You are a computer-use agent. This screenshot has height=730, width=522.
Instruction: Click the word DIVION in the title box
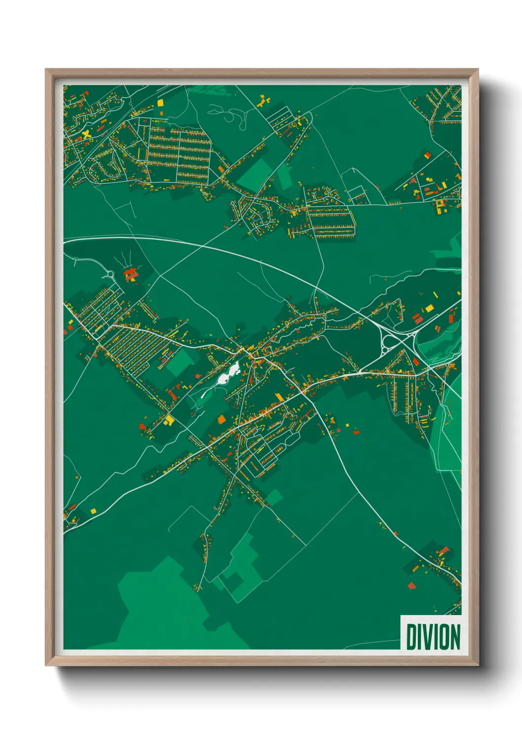tap(433, 637)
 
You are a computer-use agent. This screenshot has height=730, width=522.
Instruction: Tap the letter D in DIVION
tap(410, 637)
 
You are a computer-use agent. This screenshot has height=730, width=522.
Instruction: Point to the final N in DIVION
tap(455, 637)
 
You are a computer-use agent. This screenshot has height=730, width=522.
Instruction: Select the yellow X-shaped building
tap(87, 134)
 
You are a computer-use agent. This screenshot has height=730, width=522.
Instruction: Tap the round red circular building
tap(198, 376)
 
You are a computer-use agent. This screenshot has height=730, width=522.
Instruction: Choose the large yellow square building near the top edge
tap(160, 103)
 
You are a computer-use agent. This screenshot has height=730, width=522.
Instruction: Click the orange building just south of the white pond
tap(221, 419)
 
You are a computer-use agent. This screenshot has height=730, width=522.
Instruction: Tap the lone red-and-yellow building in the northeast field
tap(427, 155)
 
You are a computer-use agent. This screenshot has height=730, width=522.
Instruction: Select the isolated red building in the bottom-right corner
tap(411, 586)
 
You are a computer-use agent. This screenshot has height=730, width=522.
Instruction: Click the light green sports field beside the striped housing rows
tap(179, 363)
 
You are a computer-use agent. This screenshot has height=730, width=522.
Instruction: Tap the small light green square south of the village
tap(274, 497)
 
